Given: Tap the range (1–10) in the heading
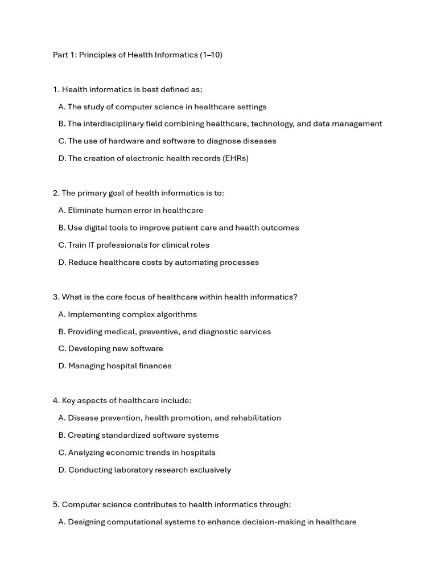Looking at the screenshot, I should click(211, 55).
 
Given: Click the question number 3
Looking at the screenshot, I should click(56, 297).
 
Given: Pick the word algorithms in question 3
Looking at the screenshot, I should click(176, 314).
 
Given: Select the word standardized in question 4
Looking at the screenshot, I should click(126, 435).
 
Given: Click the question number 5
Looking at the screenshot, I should click(56, 504).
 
